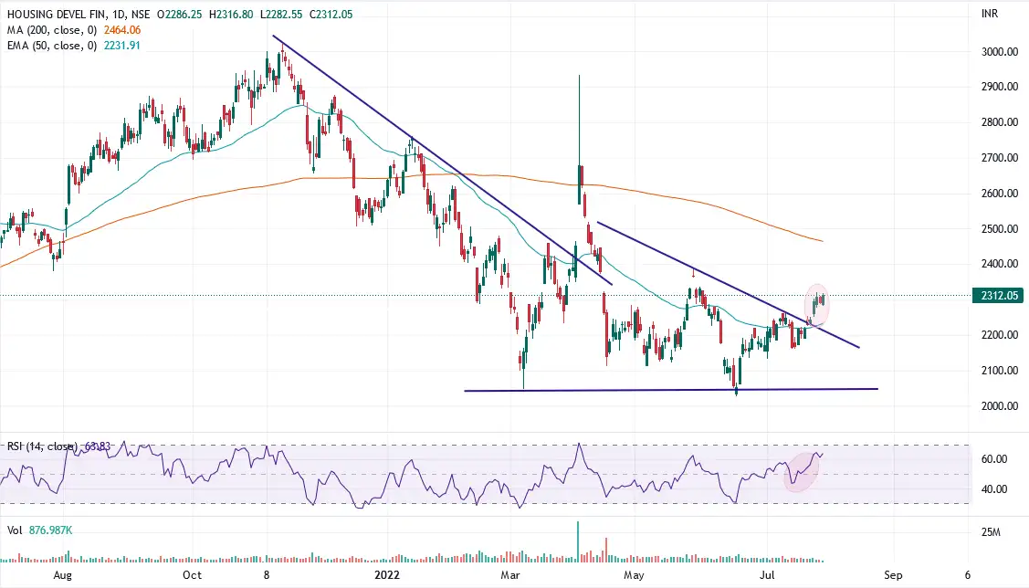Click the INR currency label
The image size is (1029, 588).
click(988, 15)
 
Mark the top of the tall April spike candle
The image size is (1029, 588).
click(579, 76)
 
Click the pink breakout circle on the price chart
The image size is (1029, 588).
click(818, 304)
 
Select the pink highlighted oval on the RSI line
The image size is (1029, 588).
click(802, 471)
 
